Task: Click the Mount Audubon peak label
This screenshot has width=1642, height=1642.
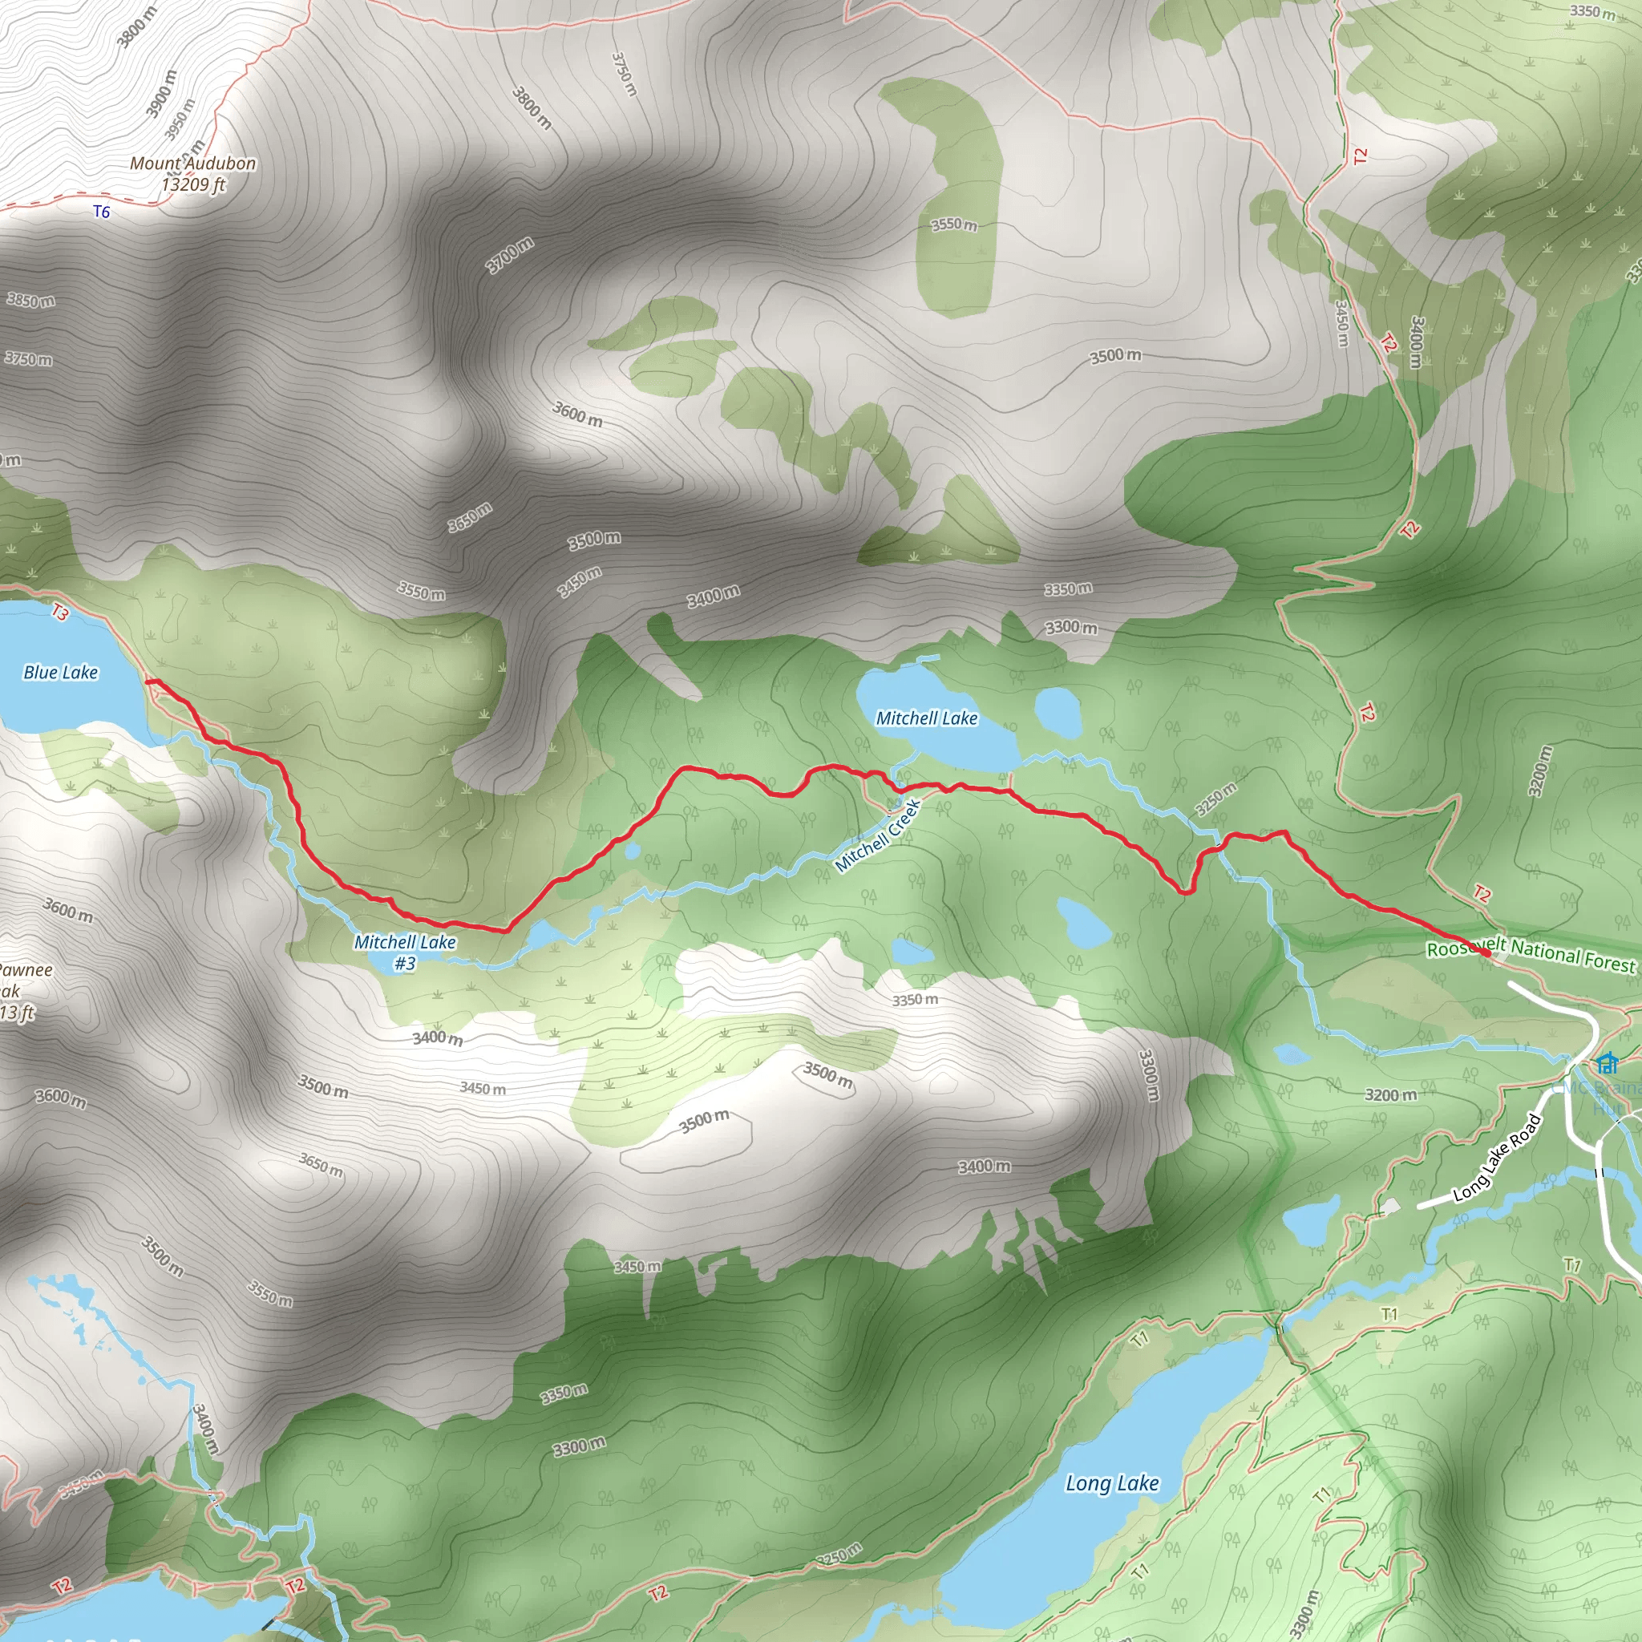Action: tap(193, 173)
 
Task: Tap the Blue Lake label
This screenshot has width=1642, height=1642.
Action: tap(60, 672)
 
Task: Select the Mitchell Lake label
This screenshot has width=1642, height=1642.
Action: tap(926, 718)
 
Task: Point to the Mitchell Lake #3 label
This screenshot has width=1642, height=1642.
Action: tap(405, 952)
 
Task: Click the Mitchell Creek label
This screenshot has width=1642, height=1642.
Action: tap(877, 835)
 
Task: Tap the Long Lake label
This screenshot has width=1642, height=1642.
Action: tap(1112, 1484)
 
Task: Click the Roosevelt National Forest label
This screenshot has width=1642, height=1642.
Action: tap(1530, 954)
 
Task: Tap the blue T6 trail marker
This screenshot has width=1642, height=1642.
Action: tap(101, 212)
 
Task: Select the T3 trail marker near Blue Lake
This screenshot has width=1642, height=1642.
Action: tap(59, 611)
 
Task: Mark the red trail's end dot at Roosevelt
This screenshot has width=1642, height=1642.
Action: tap(1486, 953)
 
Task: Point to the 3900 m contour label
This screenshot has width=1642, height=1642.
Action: tap(161, 93)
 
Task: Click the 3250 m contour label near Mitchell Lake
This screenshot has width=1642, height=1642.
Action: tap(1215, 799)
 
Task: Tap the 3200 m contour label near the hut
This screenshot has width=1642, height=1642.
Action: tap(1390, 1094)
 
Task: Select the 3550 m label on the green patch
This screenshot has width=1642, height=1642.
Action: tap(953, 224)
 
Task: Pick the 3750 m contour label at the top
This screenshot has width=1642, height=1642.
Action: tap(624, 74)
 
